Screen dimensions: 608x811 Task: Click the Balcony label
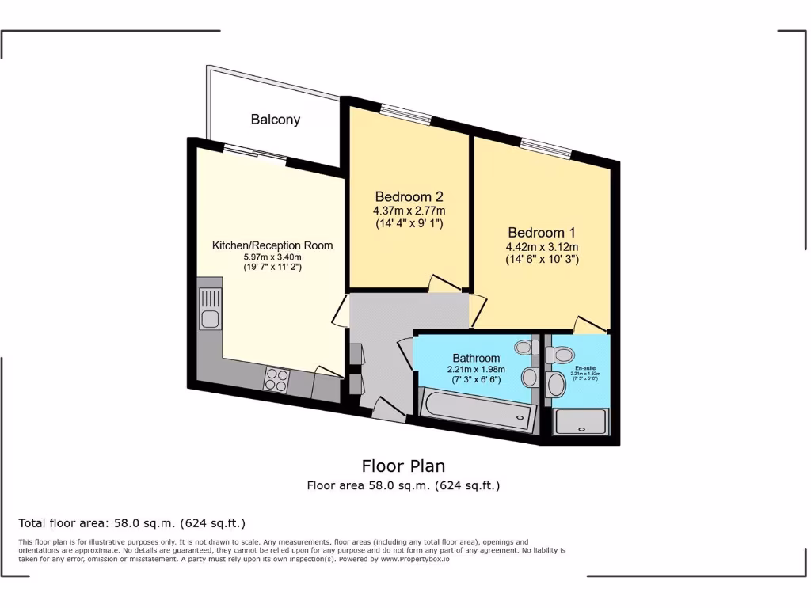276,120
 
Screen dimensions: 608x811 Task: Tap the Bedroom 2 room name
409,196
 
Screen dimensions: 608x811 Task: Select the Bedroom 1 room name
542,233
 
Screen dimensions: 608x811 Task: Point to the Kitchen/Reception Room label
272,245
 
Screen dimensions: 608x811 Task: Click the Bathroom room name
476,358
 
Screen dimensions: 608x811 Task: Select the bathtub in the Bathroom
475,409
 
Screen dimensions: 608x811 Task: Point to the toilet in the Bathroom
524,347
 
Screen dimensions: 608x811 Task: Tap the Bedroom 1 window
546,148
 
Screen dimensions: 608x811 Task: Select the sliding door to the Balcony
254,152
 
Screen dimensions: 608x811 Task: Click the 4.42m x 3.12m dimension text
542,247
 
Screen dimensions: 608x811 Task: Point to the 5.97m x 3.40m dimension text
272,257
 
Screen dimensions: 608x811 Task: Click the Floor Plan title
404,465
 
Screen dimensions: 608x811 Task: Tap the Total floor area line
132,523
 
